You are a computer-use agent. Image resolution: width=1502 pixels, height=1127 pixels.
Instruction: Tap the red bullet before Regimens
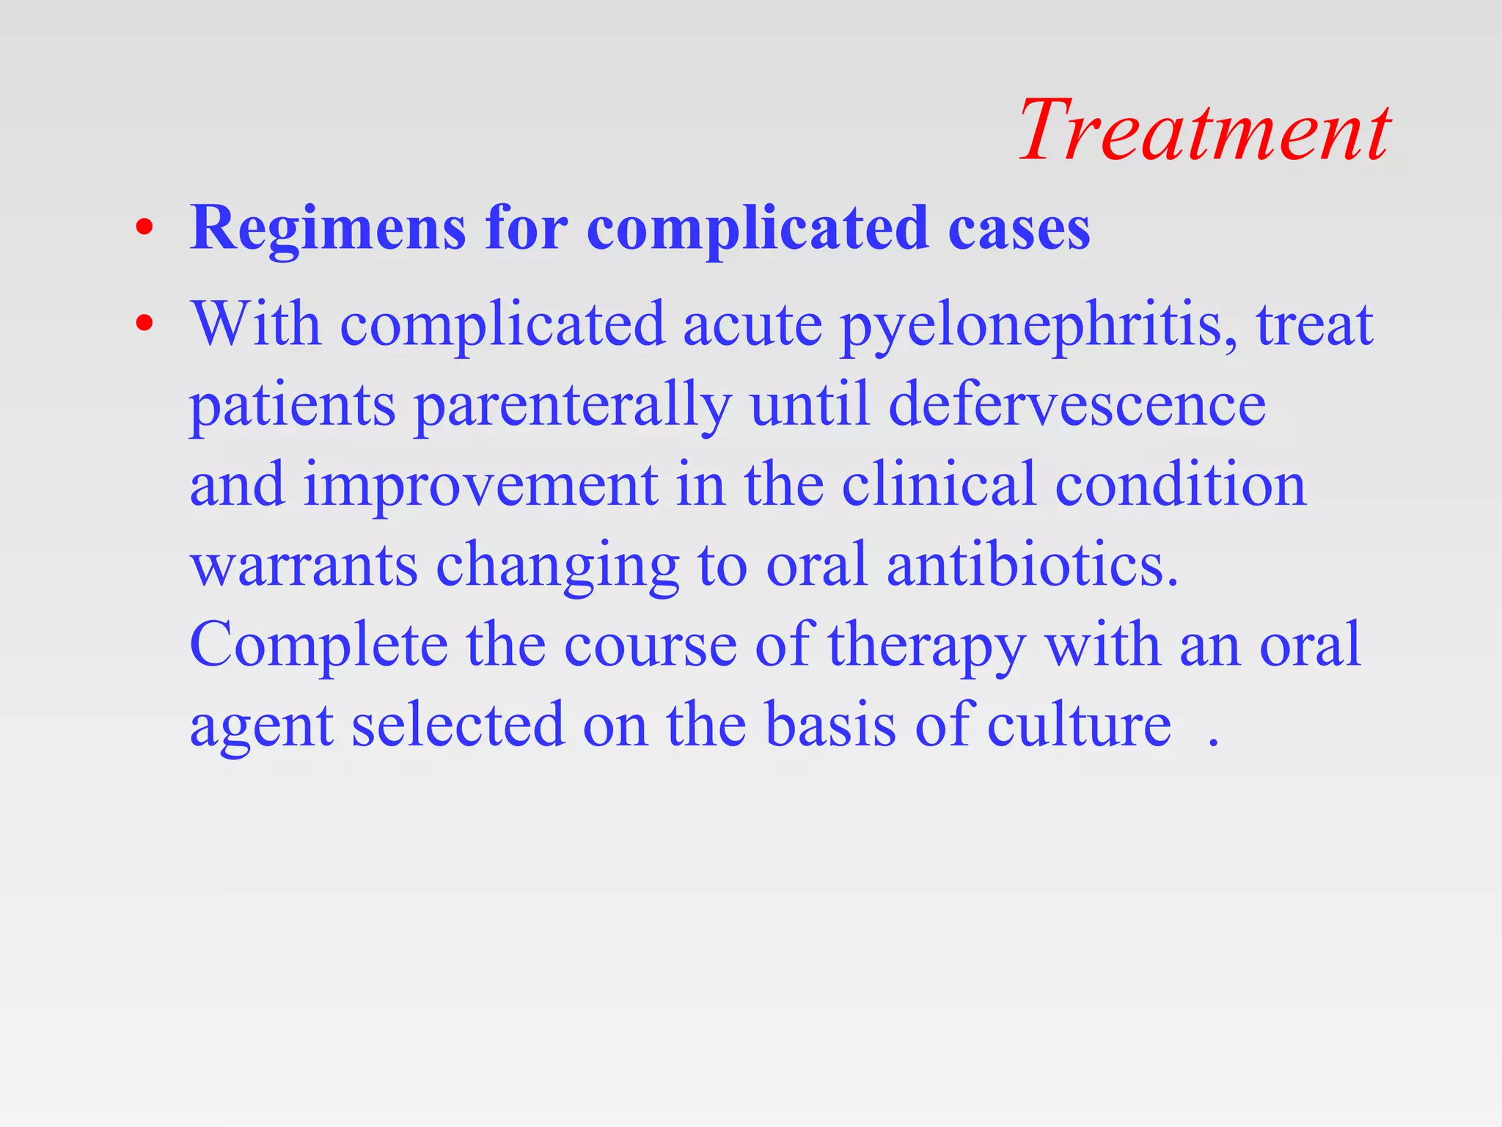pos(144,228)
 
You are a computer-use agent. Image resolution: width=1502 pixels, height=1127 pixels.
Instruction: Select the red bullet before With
pos(144,324)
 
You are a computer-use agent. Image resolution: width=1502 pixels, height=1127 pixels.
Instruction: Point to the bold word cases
pos(1019,229)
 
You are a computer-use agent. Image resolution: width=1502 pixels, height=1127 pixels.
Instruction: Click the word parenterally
pos(573,406)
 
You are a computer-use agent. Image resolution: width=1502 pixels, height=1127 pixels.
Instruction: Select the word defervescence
pos(1077,405)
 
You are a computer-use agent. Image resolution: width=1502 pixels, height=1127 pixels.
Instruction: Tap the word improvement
pos(481,486)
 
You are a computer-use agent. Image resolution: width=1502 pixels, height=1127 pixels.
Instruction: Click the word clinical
pos(939,485)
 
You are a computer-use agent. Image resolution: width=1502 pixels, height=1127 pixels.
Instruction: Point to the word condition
pos(1181,485)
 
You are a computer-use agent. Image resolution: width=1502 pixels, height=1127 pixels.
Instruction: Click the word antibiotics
pos(1032,565)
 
